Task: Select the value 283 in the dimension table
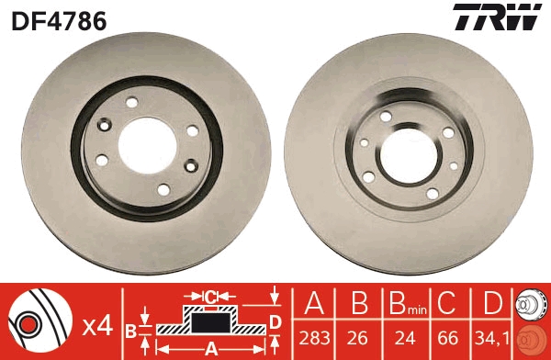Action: (315, 336)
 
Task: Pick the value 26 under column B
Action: (357, 336)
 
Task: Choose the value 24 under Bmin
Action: (400, 336)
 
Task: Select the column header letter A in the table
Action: (315, 303)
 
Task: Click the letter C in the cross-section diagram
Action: (210, 297)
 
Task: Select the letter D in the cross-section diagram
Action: (274, 321)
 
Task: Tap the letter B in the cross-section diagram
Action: (130, 328)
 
